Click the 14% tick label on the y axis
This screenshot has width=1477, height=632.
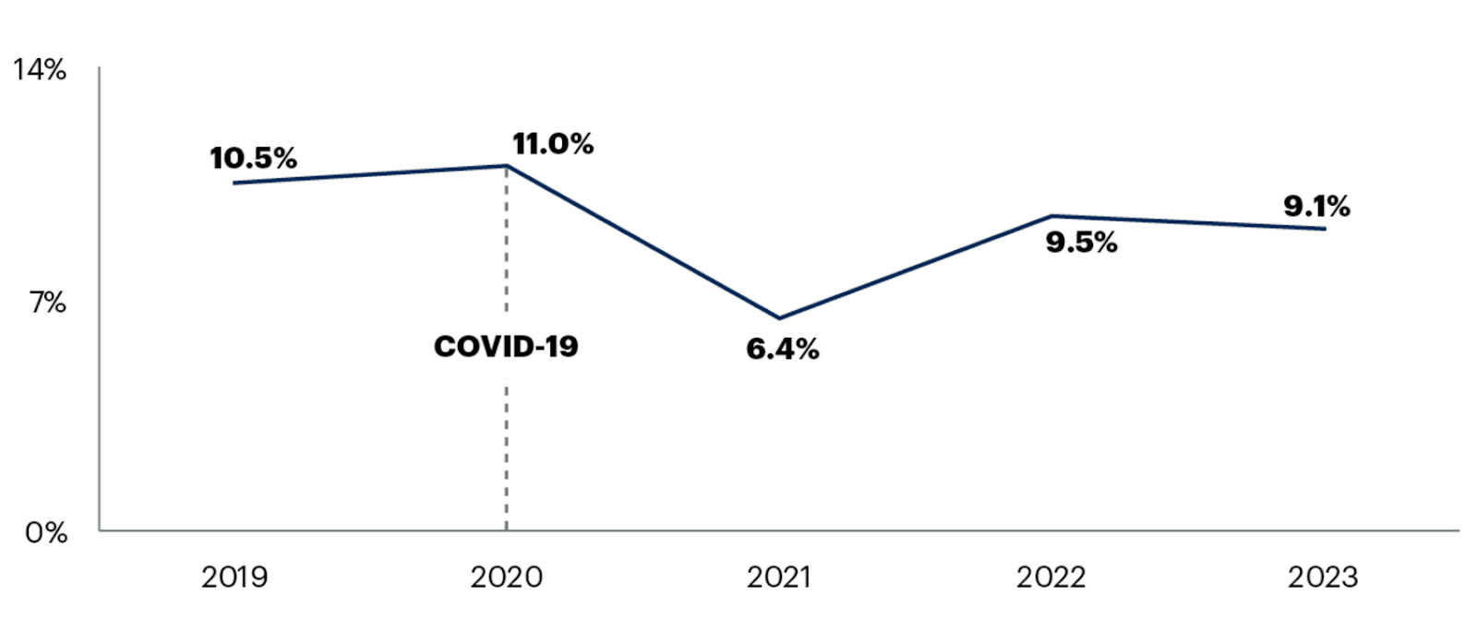[x=40, y=69]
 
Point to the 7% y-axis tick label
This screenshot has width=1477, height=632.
[x=47, y=302]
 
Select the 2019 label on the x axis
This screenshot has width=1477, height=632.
[x=234, y=578]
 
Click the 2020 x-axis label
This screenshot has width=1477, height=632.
[x=506, y=578]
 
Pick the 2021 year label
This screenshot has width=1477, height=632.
[x=778, y=578]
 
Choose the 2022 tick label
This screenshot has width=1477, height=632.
[x=1051, y=578]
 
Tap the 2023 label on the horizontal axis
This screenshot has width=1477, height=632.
[x=1323, y=578]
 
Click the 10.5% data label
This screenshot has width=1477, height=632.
[x=253, y=158]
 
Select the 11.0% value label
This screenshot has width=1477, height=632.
[x=553, y=143]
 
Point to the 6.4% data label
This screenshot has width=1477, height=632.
[x=782, y=349]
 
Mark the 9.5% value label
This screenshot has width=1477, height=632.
[x=1081, y=242]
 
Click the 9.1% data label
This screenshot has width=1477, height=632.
[x=1316, y=206]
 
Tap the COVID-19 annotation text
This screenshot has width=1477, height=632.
[x=506, y=346]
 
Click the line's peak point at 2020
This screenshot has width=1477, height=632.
[x=506, y=166]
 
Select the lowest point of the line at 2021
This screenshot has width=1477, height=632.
[x=779, y=318]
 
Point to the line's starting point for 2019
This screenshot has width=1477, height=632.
[x=234, y=183]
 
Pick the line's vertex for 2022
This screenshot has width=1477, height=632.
[x=1051, y=216]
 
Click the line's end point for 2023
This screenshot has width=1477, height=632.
[x=1325, y=229]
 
